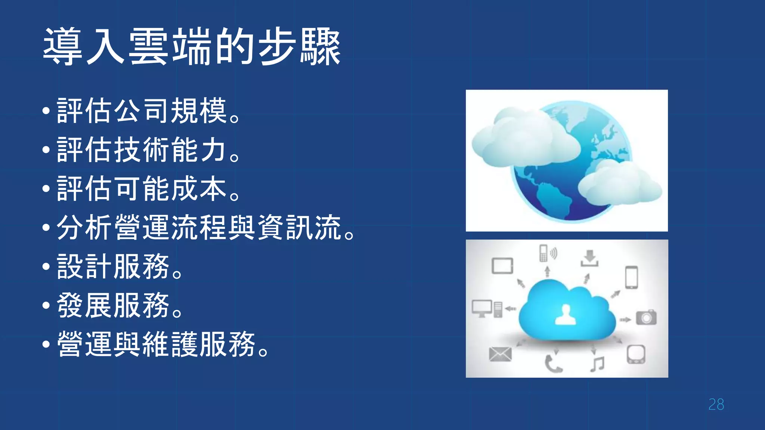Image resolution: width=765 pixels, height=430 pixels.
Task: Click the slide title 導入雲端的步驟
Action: (x=192, y=47)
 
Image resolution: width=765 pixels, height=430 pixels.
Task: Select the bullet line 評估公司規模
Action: (x=148, y=111)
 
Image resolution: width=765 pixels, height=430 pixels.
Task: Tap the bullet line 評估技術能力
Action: (x=148, y=150)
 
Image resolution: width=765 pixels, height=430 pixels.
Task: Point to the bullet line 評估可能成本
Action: (x=148, y=189)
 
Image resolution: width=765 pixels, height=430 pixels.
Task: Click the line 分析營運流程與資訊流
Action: (x=205, y=228)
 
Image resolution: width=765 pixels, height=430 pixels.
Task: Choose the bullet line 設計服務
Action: (x=120, y=267)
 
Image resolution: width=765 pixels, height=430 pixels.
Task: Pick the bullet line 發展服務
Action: (x=120, y=305)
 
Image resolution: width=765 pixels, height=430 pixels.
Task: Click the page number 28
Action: (x=716, y=405)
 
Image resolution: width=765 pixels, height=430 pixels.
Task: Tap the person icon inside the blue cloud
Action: (x=566, y=315)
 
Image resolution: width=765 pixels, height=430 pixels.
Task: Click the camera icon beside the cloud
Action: (x=646, y=317)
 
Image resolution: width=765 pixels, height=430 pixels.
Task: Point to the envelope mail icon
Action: (x=500, y=354)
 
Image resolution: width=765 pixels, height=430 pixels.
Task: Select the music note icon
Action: (x=597, y=364)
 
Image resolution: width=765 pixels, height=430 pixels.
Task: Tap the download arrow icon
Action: (x=589, y=258)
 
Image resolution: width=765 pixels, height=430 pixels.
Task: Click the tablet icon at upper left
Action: (x=502, y=266)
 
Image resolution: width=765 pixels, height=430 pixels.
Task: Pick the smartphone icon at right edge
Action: (x=632, y=277)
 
